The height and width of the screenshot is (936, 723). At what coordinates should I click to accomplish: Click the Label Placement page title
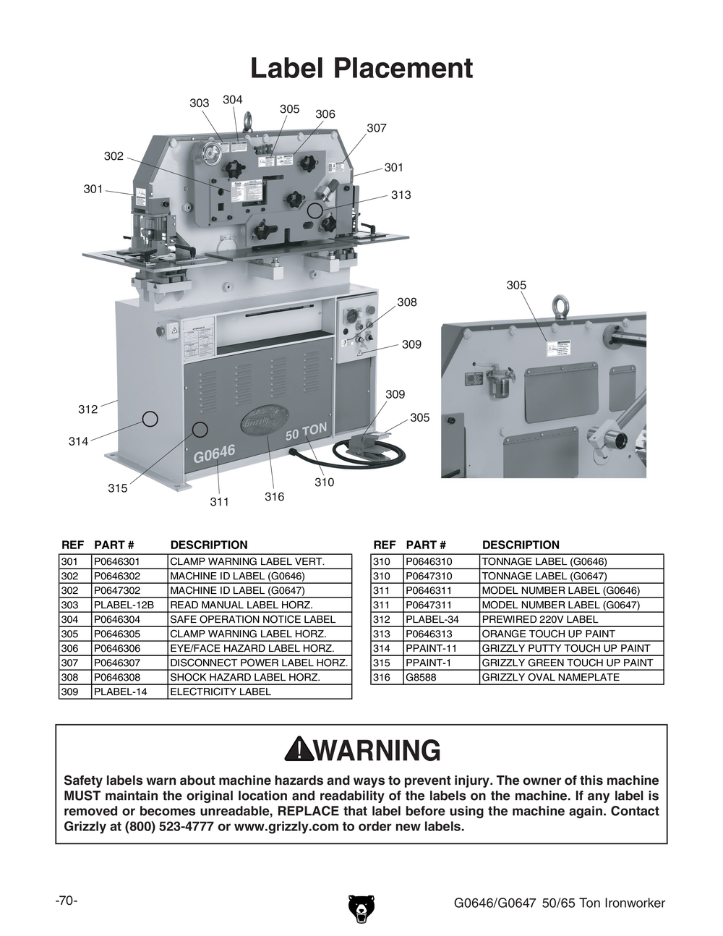click(x=361, y=69)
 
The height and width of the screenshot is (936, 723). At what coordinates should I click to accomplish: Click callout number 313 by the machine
click(x=401, y=195)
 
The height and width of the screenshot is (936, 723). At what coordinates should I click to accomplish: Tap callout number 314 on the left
click(x=78, y=441)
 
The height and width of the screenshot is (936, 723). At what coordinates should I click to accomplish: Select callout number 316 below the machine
click(x=274, y=497)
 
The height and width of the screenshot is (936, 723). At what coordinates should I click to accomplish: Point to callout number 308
click(x=406, y=302)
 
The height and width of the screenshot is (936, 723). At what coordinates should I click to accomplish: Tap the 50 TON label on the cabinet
click(x=306, y=433)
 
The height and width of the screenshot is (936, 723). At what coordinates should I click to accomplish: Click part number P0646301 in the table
click(x=117, y=561)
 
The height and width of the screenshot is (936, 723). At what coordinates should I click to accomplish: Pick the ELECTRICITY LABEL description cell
click(x=221, y=692)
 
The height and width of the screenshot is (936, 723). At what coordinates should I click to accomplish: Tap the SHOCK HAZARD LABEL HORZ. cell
click(x=244, y=677)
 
